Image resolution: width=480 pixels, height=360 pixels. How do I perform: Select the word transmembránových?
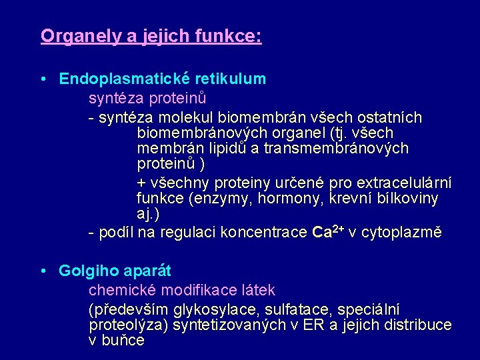[336, 148]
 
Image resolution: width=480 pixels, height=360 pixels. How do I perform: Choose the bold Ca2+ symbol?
[327, 233]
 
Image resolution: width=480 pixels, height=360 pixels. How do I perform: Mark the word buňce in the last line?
[124, 341]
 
